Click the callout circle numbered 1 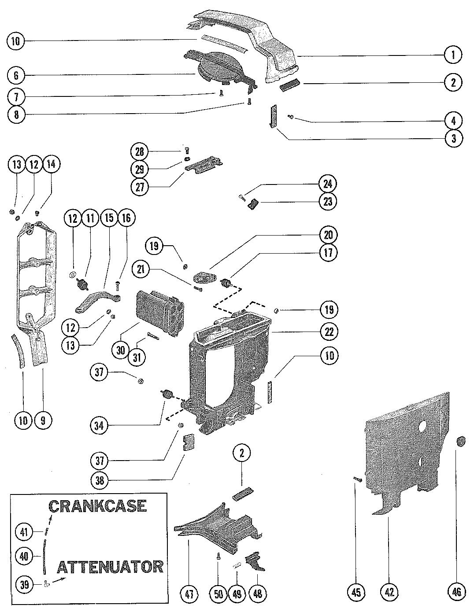tap(453, 55)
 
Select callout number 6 tap(16, 75)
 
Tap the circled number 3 tap(454, 138)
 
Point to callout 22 tap(329, 332)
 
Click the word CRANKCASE tap(98, 506)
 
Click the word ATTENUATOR tap(111, 567)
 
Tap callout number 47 tap(189, 593)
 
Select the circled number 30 tap(121, 350)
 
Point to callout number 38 tap(100, 480)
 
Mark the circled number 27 tap(140, 187)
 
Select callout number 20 tap(329, 235)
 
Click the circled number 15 tap(109, 218)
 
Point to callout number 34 tap(99, 426)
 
